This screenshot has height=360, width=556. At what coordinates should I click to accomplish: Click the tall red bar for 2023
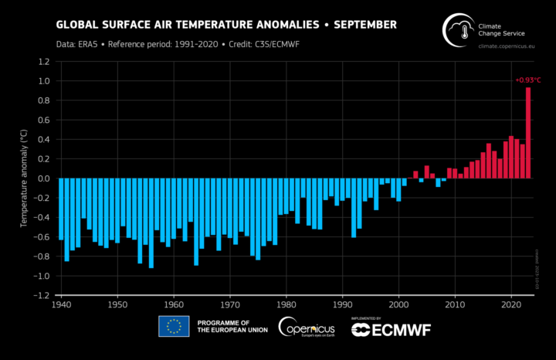(x=528, y=133)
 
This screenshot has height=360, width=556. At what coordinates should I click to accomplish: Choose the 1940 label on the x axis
(x=60, y=305)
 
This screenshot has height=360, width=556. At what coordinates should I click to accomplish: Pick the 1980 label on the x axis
(x=286, y=305)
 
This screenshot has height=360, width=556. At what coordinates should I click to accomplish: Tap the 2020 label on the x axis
(x=512, y=305)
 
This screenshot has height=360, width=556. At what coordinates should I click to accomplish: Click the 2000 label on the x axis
(x=399, y=305)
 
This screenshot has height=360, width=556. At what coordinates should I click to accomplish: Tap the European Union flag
(x=175, y=327)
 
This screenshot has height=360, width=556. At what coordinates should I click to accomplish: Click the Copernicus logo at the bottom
(x=308, y=328)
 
